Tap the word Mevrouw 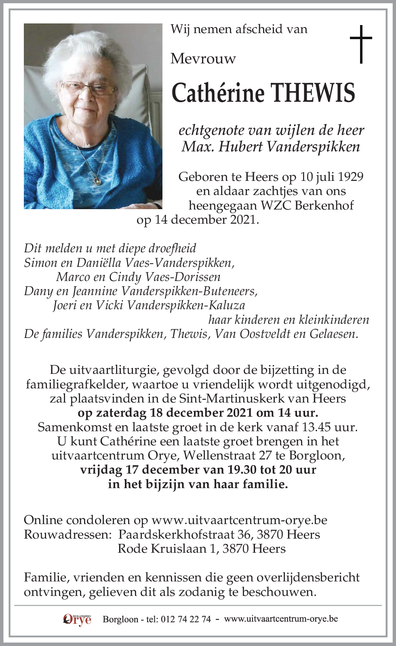coord(203,59)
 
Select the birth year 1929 coord(350,177)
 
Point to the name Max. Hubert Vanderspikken coord(271,146)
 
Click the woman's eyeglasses coord(88,88)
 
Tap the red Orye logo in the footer coord(77,619)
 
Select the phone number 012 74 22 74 coord(186,619)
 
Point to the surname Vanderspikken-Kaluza coord(186,305)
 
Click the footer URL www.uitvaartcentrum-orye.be coord(281,619)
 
